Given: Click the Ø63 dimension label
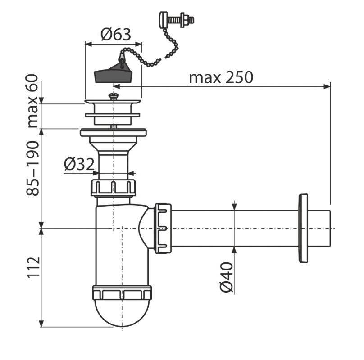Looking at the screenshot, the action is pos(116,35).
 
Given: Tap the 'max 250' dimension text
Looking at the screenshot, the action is pos(221,78).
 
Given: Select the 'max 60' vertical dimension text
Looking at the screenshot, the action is pos(32,101).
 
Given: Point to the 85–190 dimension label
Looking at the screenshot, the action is pos(32,168).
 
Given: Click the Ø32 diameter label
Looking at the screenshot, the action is pos(79,164).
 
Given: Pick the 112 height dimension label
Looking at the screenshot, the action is pos(34,267).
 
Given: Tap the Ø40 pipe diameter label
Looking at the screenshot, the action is pos(226,277).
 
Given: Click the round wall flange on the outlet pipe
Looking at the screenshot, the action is pos(303,229).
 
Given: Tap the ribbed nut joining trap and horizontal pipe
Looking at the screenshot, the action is pos(163,228).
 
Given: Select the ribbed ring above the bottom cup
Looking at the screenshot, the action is pos(122,293).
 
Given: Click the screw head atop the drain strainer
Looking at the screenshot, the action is pos(114,96).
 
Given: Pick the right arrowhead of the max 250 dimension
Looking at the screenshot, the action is pos(327,87).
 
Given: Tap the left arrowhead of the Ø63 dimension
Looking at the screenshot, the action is pos(89,44).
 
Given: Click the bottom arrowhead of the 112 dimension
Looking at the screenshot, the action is pos(41,324).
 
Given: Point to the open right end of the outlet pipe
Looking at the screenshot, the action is pos(330,229).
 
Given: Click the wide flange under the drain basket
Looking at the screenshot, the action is pos(113,133).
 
